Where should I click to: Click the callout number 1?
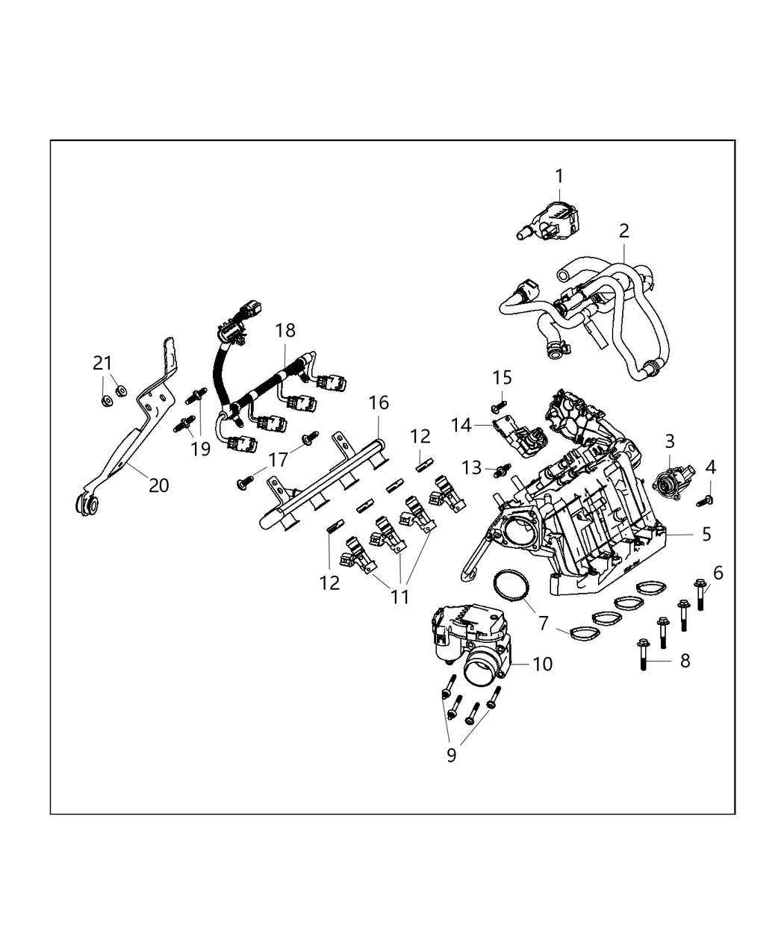[x=559, y=176]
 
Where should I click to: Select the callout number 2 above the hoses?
[x=624, y=231]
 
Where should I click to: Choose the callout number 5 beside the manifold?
[x=706, y=535]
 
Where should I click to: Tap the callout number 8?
[x=684, y=660]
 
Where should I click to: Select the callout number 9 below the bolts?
[x=451, y=755]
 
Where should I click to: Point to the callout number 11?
[x=401, y=597]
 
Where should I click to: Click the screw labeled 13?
[x=501, y=470]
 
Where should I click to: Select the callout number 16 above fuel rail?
[x=379, y=403]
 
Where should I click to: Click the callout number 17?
[x=278, y=459]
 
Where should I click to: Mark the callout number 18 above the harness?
[x=285, y=331]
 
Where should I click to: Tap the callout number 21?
[x=102, y=363]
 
